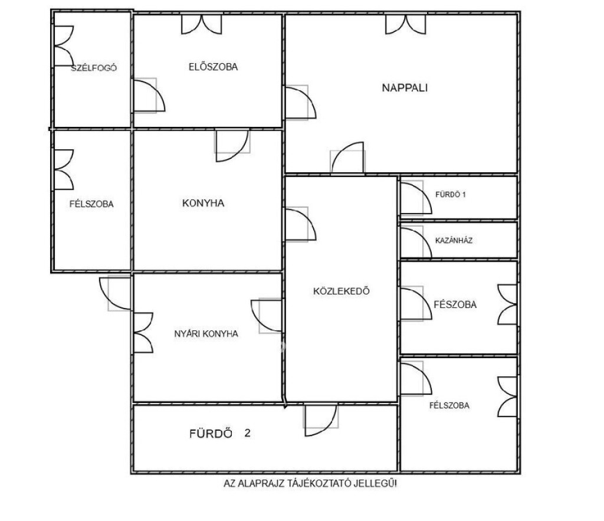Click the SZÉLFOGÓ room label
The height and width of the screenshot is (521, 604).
94,68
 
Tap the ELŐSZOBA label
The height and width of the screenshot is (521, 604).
213,67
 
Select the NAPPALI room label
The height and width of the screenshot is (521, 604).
405,88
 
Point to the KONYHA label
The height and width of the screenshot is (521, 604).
203,203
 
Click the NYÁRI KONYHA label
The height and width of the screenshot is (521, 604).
206,334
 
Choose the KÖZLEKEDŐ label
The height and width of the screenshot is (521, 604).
342,291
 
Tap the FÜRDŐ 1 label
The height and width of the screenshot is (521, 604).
450,195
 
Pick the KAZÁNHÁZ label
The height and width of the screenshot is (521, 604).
454,241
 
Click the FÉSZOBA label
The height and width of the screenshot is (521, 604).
455,304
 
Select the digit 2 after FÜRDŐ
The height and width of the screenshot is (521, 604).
247,433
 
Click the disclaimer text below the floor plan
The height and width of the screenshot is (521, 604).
310,483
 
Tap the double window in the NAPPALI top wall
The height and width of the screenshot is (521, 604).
406,24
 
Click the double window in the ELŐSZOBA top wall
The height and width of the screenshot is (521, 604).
202,24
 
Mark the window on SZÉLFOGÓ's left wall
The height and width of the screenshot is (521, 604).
64,46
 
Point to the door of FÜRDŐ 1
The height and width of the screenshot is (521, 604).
416,198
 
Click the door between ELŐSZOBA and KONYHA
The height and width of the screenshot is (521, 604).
232,146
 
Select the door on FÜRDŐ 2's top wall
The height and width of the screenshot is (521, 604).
321,420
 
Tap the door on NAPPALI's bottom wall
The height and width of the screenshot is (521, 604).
347,157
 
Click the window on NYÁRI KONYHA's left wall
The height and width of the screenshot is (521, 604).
143,333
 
